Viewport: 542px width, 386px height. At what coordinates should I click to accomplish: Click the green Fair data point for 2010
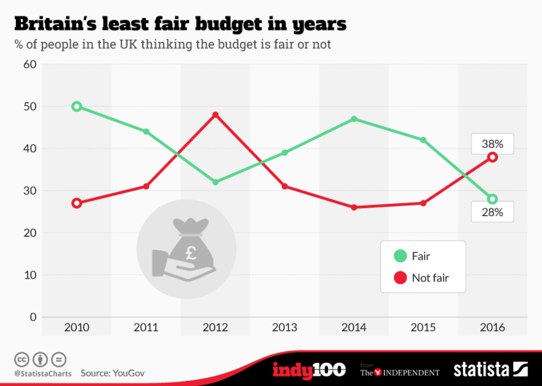coord(77,106)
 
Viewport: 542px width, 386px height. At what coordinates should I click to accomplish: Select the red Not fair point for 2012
coord(215,115)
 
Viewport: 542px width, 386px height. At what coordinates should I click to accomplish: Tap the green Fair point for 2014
coord(354,119)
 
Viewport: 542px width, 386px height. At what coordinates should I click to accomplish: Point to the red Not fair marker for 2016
coord(492,157)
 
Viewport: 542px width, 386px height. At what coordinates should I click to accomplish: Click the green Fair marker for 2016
coord(492,199)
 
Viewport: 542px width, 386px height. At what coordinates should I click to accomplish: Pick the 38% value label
coord(492,144)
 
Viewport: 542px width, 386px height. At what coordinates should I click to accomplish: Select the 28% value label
coord(492,212)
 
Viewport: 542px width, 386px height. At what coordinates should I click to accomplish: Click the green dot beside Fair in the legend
coord(400,256)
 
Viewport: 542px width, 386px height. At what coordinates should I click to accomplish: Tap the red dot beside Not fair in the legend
coord(400,278)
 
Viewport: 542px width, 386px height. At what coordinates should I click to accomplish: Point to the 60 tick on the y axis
coord(30,65)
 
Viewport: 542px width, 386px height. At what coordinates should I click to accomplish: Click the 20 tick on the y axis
coord(30,233)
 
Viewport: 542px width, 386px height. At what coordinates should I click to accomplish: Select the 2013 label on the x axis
coord(285,327)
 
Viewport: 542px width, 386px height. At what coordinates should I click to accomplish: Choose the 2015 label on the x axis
coord(423,327)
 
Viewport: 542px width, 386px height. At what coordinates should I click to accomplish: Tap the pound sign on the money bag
coord(191,253)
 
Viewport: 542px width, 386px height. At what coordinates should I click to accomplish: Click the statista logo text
coord(481,370)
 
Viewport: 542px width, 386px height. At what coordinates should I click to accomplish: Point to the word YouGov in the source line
coord(128,373)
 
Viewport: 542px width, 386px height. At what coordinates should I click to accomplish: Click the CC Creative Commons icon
coord(22,360)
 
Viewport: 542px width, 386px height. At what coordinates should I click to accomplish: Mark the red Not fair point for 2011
coord(146,186)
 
